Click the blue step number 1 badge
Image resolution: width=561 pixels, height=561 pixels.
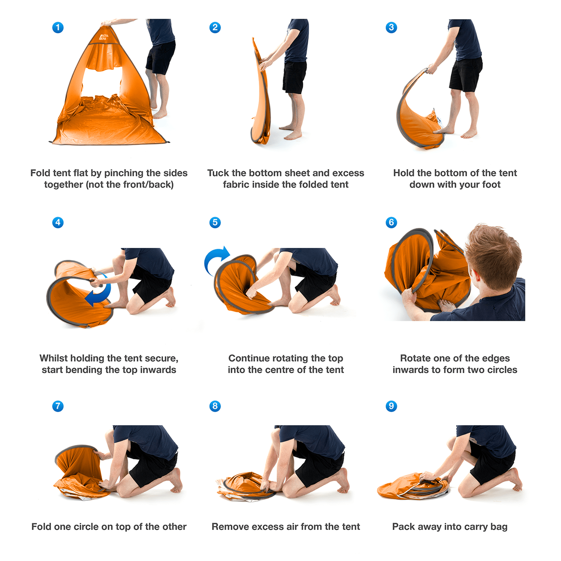[58, 27]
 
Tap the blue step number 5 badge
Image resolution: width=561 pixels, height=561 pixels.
[215, 223]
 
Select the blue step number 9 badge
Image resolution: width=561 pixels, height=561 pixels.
[391, 406]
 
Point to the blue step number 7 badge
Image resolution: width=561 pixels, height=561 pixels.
[58, 406]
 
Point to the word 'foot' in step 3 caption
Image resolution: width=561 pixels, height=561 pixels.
[491, 185]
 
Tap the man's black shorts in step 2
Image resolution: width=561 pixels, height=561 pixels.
[294, 77]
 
